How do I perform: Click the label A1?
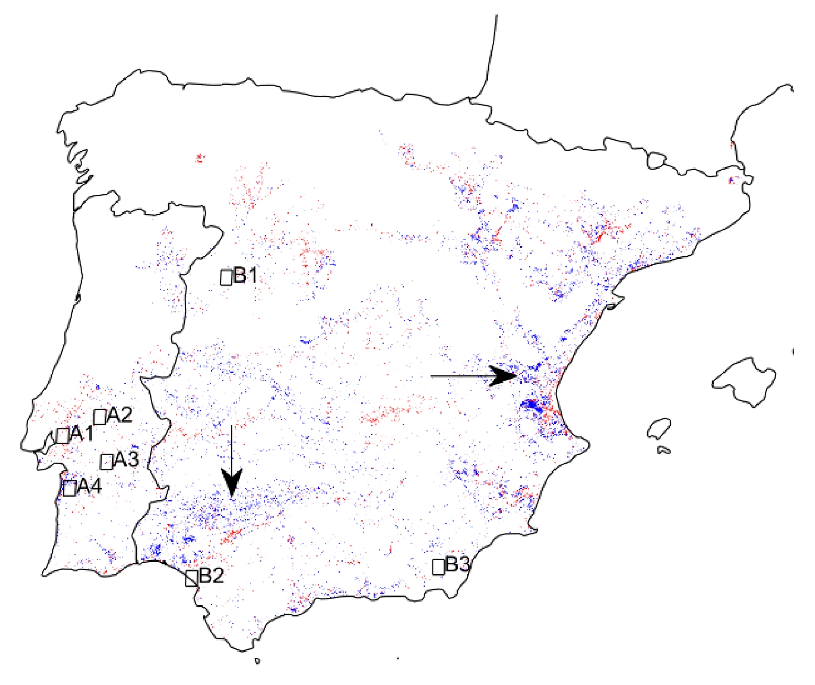click(x=82, y=433)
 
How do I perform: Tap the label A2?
click(x=120, y=415)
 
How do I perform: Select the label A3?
click(x=126, y=459)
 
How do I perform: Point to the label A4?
click(x=89, y=487)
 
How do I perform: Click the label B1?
click(x=245, y=275)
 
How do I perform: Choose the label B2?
click(x=211, y=576)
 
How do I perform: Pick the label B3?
click(x=458, y=565)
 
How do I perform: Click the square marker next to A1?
click(x=63, y=435)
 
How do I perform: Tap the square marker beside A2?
click(x=99, y=417)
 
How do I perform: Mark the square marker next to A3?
click(x=107, y=462)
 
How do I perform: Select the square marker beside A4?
click(x=69, y=488)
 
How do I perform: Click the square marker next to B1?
click(x=226, y=277)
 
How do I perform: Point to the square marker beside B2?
click(x=191, y=578)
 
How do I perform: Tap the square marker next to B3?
click(x=438, y=567)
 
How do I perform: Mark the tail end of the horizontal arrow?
click(x=431, y=376)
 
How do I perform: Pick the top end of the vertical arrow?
click(x=231, y=426)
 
